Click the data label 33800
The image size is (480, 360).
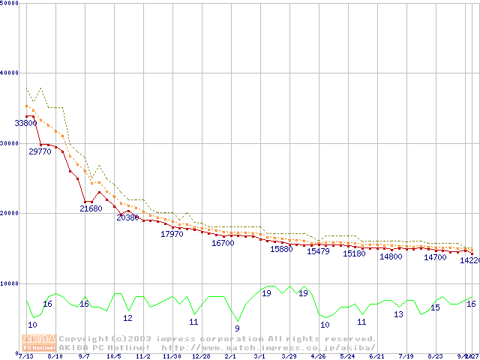coord(26,123)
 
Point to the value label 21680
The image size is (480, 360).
coord(91,208)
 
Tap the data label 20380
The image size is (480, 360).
coord(127,217)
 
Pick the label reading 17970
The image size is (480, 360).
coord(172,234)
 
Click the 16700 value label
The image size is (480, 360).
coord(223,243)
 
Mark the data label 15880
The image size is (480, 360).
coord(281,249)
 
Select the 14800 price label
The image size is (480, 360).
coord(391,256)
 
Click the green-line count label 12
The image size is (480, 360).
coord(127,318)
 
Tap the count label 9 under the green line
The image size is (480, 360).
coord(237,328)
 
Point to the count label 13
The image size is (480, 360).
coord(398,315)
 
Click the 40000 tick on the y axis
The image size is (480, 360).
coord(10,73)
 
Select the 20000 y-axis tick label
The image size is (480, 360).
coord(10,214)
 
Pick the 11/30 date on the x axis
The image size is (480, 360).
coord(172,356)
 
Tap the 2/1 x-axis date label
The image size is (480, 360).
coord(230,356)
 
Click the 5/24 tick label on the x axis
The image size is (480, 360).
coord(347,356)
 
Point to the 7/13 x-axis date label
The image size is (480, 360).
coord(26,356)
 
